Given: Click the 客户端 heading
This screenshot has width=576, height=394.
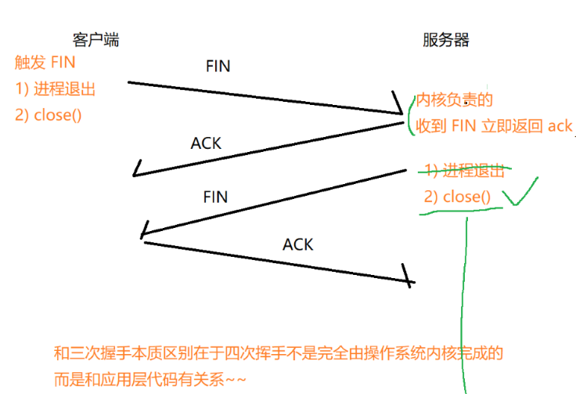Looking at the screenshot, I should (95, 39).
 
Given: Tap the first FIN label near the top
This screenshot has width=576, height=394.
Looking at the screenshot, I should (218, 67).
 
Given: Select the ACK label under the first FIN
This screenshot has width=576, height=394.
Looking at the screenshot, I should (206, 143).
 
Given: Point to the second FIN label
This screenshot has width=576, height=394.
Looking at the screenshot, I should (215, 197).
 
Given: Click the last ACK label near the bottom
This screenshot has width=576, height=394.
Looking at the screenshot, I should (297, 244).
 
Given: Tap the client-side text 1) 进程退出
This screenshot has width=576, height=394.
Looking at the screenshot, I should (55, 89).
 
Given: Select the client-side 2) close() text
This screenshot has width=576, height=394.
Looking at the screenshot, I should (48, 114).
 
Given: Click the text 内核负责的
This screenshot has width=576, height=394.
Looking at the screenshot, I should (454, 100).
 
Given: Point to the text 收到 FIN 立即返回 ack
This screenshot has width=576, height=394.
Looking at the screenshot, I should (494, 125).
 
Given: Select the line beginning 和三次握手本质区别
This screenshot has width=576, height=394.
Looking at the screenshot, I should (278, 353).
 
